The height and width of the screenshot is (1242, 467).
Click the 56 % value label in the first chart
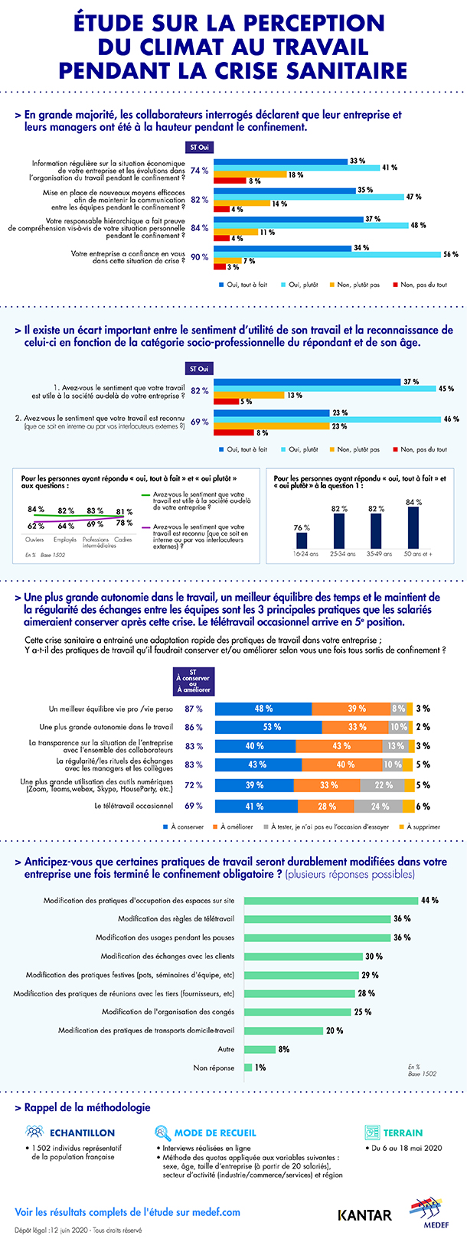point(450,255)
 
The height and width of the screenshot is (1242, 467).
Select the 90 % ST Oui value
point(199,257)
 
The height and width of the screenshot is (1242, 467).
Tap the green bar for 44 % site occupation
point(331,901)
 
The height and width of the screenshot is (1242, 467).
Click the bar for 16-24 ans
point(302,540)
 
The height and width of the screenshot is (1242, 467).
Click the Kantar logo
point(364,1214)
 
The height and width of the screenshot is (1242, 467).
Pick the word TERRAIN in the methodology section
point(403,1133)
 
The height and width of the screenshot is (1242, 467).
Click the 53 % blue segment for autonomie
point(268,727)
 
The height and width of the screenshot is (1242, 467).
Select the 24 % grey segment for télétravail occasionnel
point(380,806)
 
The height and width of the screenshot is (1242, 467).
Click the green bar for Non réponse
point(248,1068)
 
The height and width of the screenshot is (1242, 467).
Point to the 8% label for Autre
point(283,1049)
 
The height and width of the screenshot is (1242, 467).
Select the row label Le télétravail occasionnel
point(134,806)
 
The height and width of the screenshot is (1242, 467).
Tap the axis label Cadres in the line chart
point(122,540)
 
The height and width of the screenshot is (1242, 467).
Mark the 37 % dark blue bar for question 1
point(307,382)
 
